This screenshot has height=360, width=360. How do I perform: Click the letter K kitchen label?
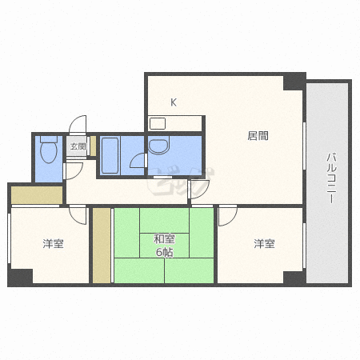174,102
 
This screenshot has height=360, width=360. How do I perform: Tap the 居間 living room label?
258,136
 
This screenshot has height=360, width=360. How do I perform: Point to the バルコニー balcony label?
331,178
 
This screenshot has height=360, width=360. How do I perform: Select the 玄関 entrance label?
78,146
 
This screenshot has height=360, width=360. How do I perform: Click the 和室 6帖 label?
164,246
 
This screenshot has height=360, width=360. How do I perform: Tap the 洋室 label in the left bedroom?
53,244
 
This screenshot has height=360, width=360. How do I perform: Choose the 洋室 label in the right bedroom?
264,244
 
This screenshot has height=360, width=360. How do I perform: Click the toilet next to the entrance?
49,150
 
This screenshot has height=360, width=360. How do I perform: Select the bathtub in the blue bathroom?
110,155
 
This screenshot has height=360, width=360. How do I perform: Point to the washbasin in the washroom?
159,146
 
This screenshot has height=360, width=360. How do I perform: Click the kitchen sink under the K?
158,124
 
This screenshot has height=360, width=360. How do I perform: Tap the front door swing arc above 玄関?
78,124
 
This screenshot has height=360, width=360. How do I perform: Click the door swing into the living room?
198,190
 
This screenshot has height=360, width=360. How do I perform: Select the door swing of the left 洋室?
78,215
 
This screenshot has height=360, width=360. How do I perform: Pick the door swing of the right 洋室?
228,216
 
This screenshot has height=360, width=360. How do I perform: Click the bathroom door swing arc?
138,160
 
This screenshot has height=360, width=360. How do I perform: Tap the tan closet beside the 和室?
102,246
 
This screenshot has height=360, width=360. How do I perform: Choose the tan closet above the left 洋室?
37,195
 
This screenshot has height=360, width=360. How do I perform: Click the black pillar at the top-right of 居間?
294,82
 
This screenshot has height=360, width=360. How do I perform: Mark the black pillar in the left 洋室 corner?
20,278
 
